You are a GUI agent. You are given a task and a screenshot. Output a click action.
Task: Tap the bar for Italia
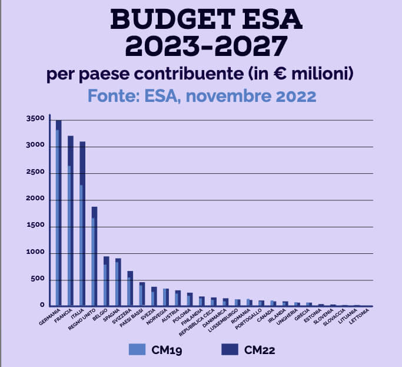coord(82,224)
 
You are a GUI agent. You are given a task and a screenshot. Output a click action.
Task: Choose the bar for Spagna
coord(118,283)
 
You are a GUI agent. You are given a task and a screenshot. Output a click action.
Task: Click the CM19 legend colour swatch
coord(137,349)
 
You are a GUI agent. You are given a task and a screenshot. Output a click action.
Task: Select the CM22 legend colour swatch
coord(229,349)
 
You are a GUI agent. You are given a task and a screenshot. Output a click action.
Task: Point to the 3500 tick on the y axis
coord(35,120)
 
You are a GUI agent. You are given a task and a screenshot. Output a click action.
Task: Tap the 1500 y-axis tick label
coord(35,227)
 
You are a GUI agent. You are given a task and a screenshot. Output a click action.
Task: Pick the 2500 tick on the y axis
coord(35,173)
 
